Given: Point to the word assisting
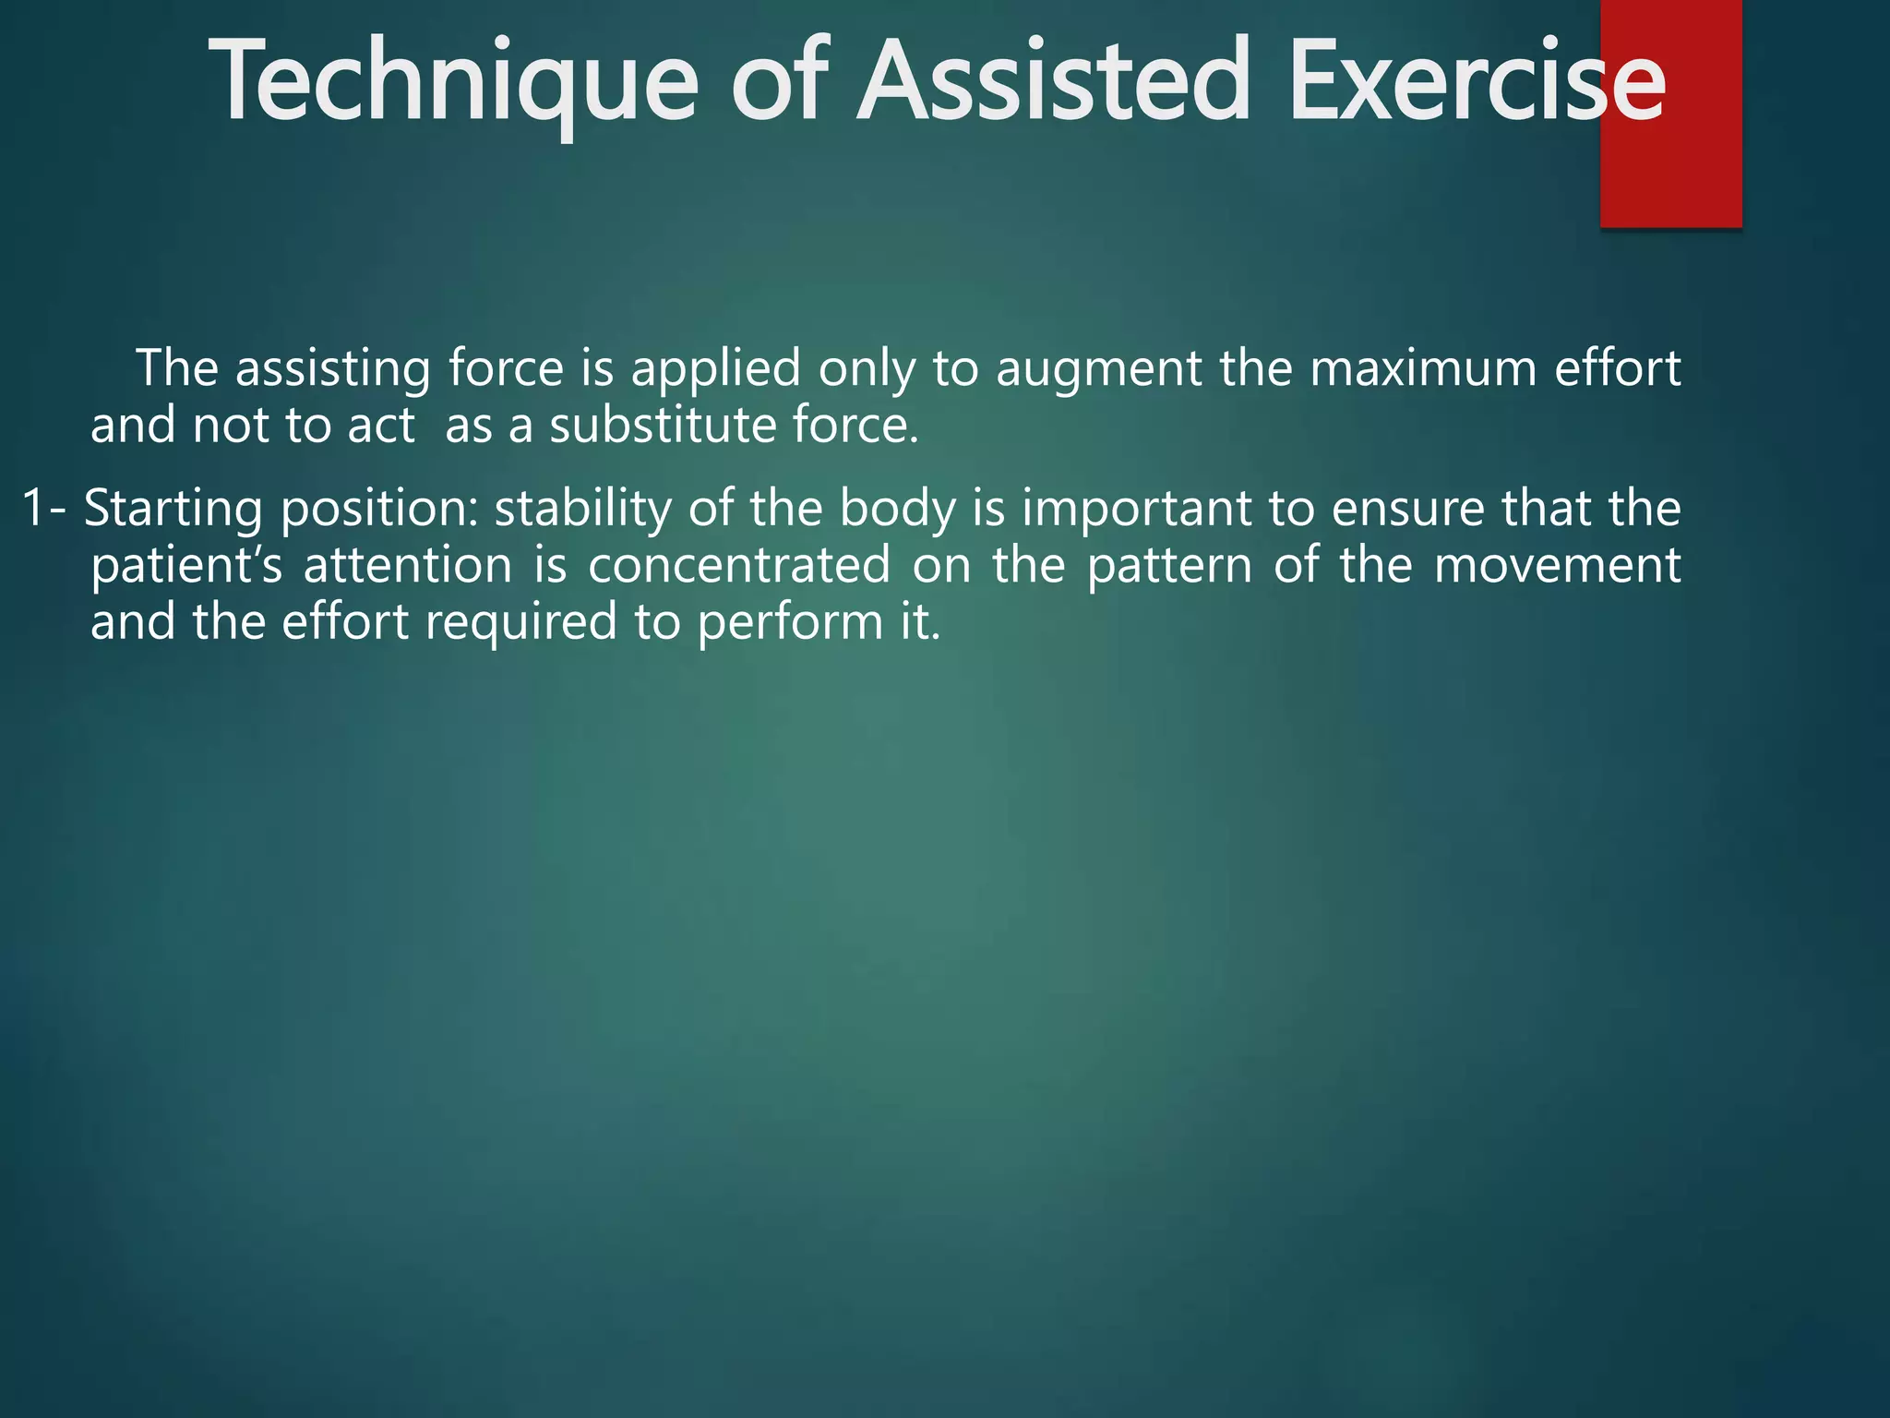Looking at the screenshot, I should point(333,369).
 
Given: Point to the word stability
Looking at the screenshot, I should point(582,511).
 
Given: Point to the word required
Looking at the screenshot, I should point(520,623).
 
